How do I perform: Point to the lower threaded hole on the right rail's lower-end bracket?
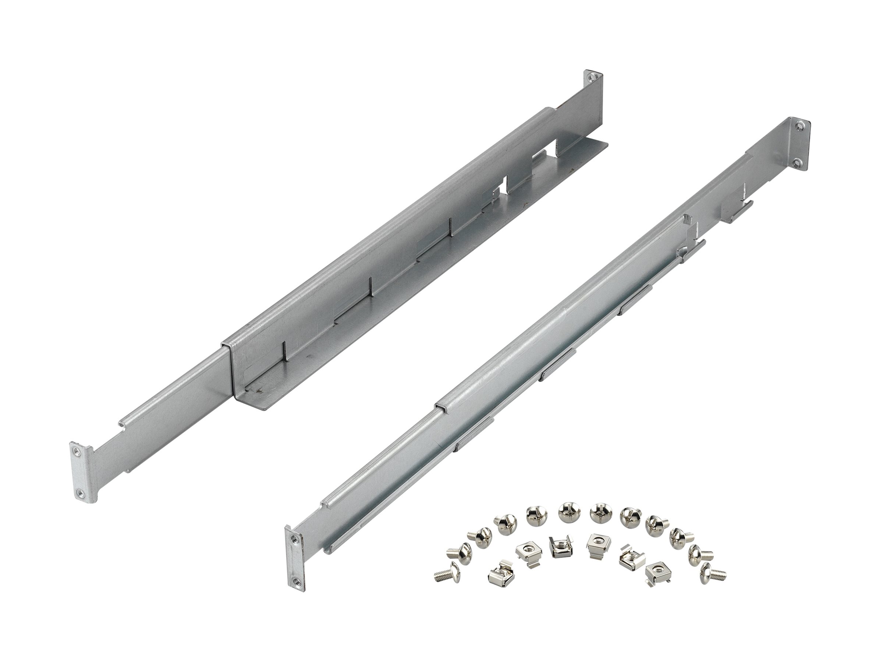point(295,581)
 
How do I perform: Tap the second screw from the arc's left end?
point(455,552)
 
